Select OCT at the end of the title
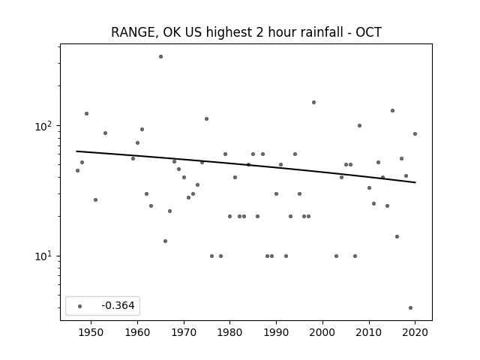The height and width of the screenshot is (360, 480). coord(368,31)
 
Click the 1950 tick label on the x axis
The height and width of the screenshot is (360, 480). coord(91,332)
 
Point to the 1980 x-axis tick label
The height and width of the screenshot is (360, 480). coord(230,332)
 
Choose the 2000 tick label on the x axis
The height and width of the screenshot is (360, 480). coord(322,332)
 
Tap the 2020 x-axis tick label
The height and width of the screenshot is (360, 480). coord(415,332)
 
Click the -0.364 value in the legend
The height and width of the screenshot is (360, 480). coord(118,305)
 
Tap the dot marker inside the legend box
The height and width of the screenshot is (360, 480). coord(80,306)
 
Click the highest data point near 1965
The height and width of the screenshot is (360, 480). coord(160,57)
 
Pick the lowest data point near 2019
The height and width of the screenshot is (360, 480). coord(410,308)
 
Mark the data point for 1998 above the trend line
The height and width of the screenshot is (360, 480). coord(313,102)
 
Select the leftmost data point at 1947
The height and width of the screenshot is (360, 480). coord(77,170)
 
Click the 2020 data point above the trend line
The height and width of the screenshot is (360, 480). coord(415,133)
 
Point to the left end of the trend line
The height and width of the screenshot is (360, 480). coord(76,151)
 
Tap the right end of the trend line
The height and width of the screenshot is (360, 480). coord(415,182)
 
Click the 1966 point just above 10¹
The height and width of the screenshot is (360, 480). coord(165,241)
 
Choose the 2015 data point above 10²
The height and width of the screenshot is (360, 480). coord(392,110)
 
